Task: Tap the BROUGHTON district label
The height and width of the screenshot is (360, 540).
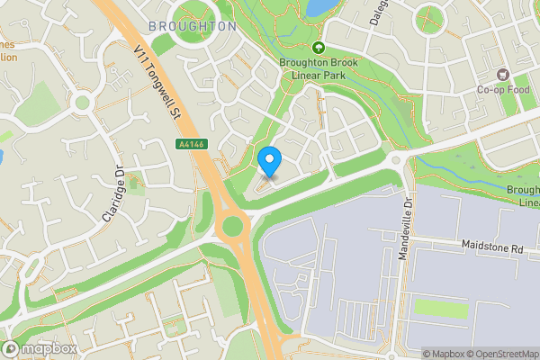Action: (192, 26)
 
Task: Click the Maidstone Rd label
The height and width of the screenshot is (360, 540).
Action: (491, 247)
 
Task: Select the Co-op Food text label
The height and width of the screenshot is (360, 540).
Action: (502, 89)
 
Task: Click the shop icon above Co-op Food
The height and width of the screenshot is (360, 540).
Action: (502, 74)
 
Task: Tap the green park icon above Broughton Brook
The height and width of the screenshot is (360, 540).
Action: (317, 48)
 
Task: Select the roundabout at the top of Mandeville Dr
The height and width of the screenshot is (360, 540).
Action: (395, 160)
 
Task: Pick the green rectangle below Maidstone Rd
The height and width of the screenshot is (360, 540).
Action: (441, 310)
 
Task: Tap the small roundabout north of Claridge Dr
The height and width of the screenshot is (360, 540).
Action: (83, 102)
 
